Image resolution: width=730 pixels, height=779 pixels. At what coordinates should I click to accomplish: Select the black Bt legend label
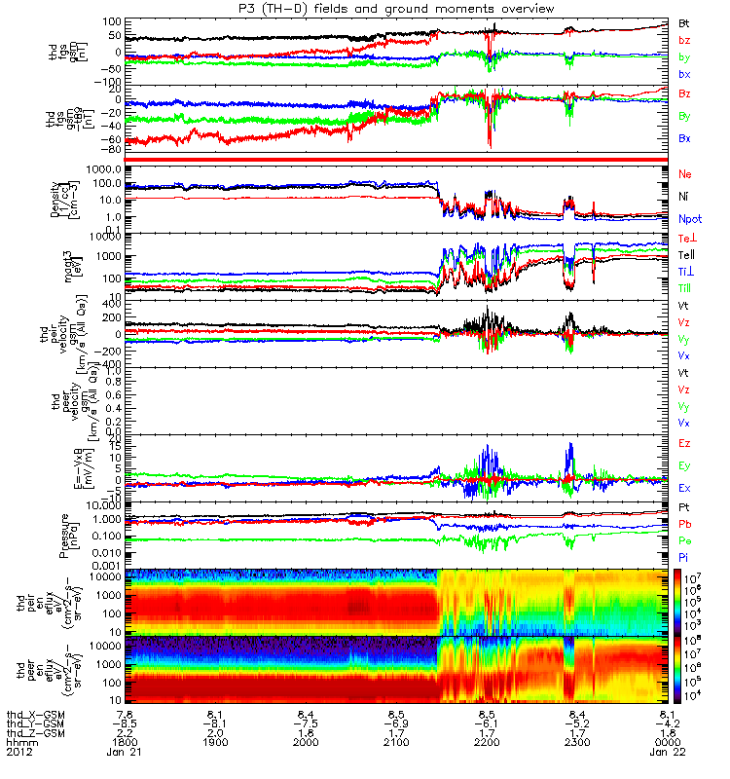tap(685, 22)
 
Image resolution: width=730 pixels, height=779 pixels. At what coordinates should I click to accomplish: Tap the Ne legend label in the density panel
tap(685, 173)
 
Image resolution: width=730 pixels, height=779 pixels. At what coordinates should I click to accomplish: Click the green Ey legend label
tap(685, 465)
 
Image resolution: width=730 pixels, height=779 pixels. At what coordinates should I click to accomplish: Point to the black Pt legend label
tap(684, 507)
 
